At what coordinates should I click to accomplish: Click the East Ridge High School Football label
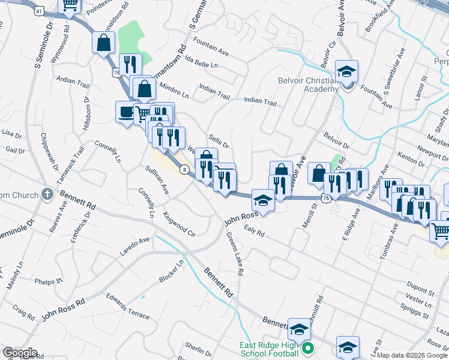click(x=268, y=349)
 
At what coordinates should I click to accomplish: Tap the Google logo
click(x=20, y=352)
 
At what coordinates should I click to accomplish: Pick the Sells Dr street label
click(x=218, y=142)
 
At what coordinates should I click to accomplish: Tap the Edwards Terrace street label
click(x=127, y=304)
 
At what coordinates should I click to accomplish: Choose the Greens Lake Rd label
click(x=235, y=254)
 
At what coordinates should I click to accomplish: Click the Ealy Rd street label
click(x=255, y=230)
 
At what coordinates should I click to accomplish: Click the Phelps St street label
click(x=49, y=280)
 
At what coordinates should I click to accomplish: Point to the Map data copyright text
click(x=412, y=355)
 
